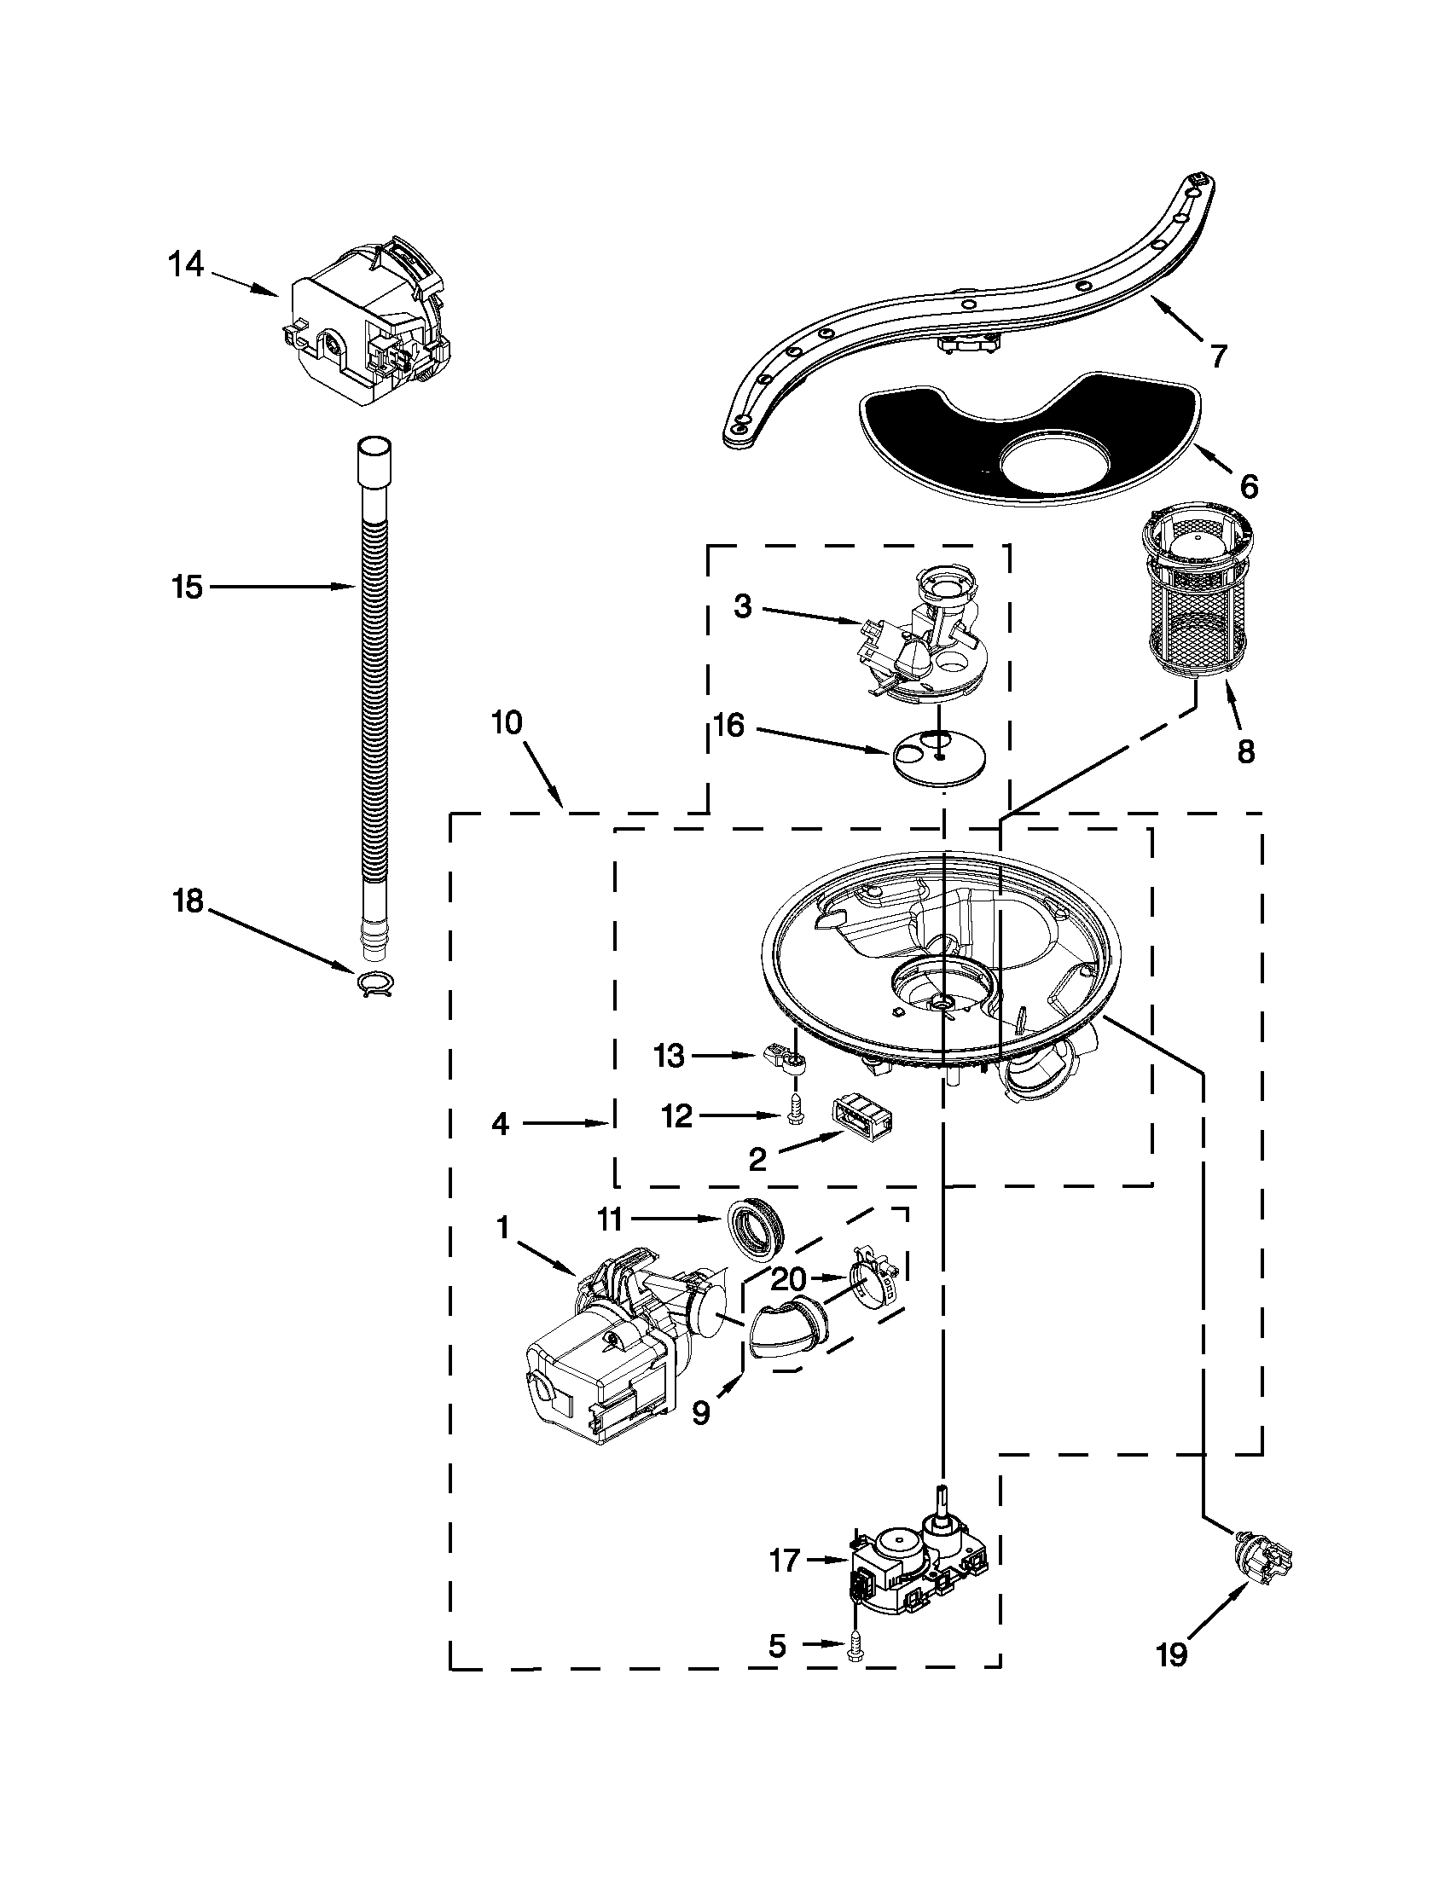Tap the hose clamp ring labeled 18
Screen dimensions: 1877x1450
coord(374,982)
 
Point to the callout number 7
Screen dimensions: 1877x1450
coord(1219,355)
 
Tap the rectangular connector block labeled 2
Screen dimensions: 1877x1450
coord(861,1120)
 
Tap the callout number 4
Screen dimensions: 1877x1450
coord(500,1124)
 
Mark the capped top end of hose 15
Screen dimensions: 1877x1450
coord(374,451)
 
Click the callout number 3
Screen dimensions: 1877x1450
coord(743,606)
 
